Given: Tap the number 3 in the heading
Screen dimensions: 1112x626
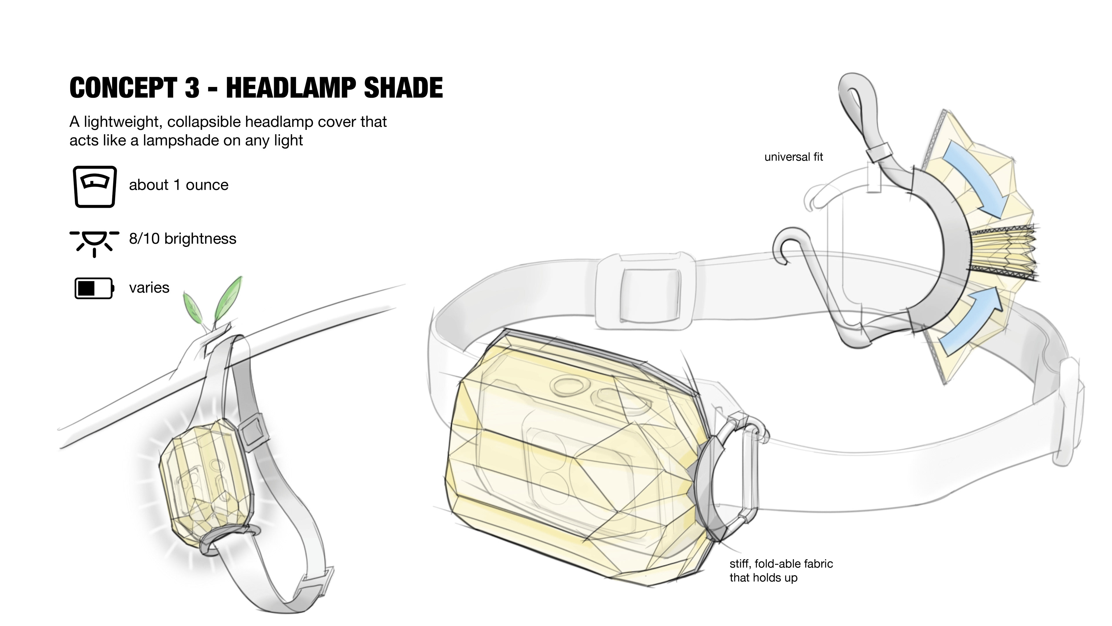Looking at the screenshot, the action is point(192,88).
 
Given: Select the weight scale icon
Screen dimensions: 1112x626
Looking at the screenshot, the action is point(94,187).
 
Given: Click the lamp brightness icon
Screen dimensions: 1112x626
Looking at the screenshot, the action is point(94,242).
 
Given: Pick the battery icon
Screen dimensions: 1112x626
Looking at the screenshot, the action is point(94,288).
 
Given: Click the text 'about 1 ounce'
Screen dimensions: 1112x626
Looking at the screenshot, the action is point(178,185).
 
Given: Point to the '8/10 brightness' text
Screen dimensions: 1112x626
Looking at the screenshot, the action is point(183,239).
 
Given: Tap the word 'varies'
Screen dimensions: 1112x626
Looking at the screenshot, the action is point(149,288).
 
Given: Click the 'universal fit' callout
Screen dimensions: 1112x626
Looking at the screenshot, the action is point(793,157).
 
